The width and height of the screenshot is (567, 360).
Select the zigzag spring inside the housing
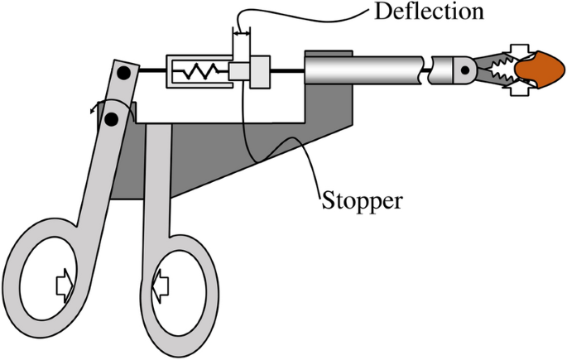(x=198, y=74)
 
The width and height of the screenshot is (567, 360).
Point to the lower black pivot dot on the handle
(x=111, y=119)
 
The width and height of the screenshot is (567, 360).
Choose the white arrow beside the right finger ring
(x=161, y=286)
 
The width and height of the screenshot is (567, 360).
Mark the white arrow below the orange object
(x=521, y=90)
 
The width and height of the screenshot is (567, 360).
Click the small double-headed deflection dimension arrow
(x=242, y=34)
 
